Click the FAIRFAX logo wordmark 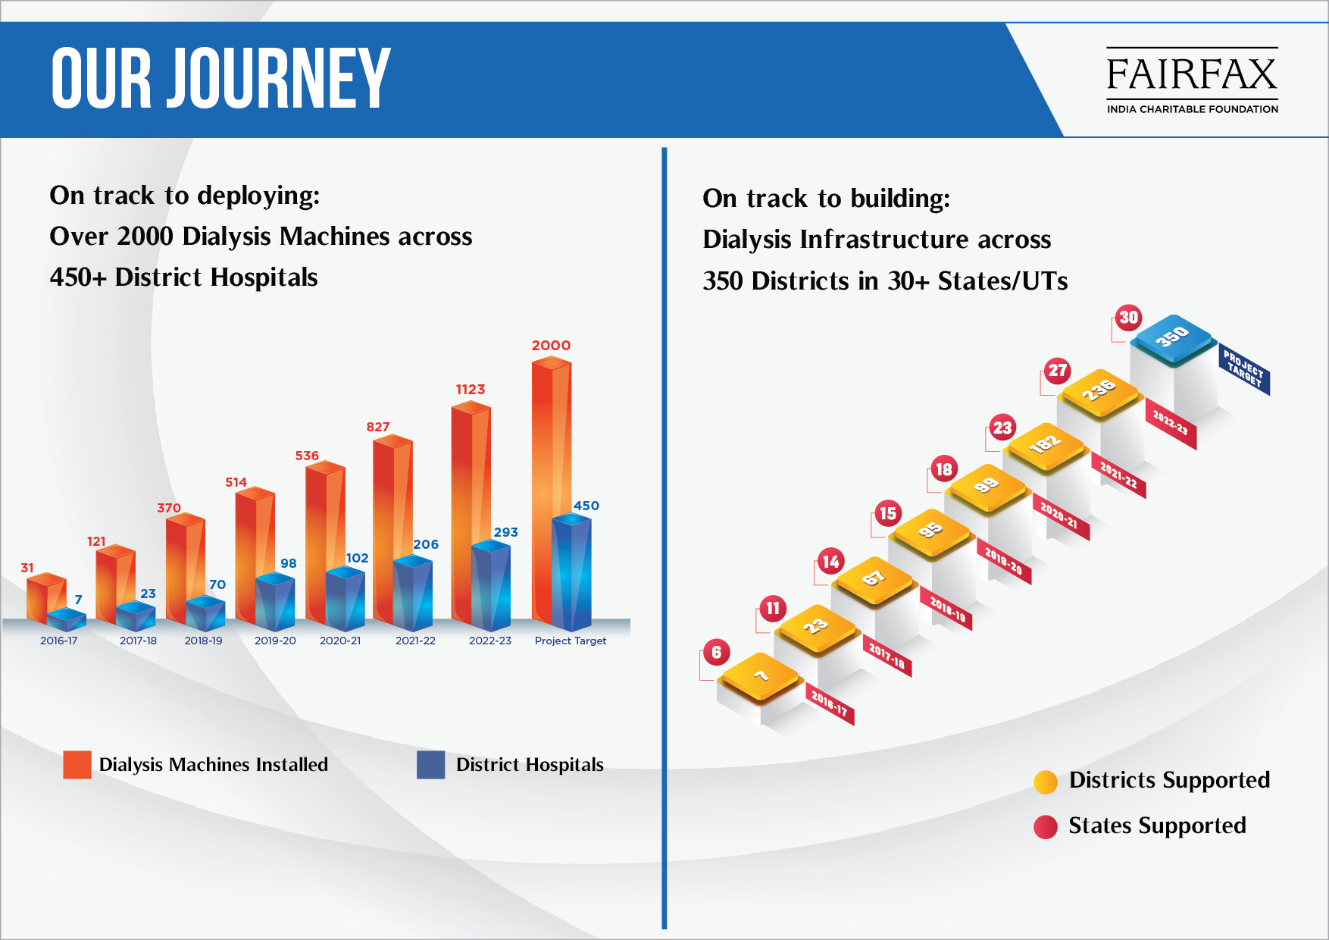coord(1192,74)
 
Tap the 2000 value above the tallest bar coord(551,346)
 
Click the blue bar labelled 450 coord(571,572)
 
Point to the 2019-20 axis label coord(275,641)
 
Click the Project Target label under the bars coord(571,641)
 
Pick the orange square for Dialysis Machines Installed coord(77,765)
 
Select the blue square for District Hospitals coord(431,765)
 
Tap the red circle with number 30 coord(1129,318)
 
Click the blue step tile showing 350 coord(1172,338)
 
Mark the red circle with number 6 coord(717,653)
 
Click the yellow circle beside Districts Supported coord(1046,782)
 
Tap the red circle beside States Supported coord(1046,827)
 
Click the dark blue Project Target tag coord(1244,369)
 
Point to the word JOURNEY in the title coord(278,78)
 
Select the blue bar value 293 coord(506,532)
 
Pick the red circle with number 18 coord(943,469)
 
